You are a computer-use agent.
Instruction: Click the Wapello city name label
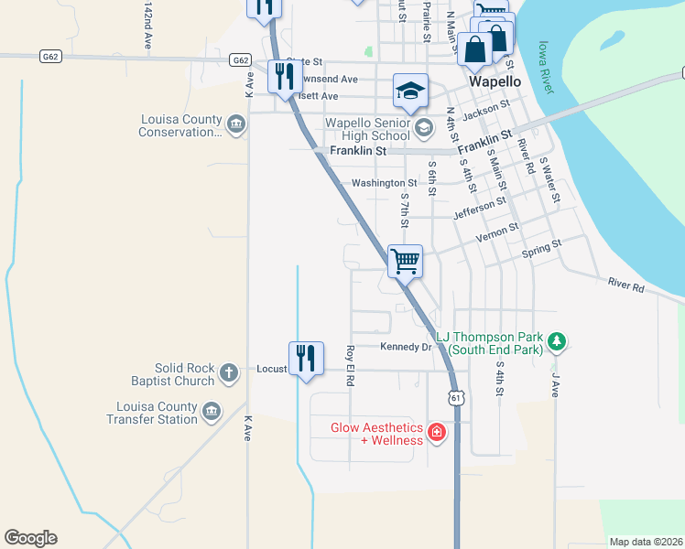[x=495, y=81]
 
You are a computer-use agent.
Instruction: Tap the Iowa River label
[x=546, y=66]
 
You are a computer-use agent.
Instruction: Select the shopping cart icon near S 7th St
[x=405, y=261]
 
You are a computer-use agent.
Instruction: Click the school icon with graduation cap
[x=411, y=90]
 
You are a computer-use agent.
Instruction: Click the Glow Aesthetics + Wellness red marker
[x=437, y=432]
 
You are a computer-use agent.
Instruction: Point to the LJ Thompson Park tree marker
[x=556, y=342]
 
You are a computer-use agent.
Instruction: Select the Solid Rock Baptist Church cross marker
[x=229, y=372]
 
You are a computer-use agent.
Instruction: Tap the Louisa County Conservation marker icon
[x=236, y=124]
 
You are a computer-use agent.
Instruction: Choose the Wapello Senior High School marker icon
[x=422, y=127]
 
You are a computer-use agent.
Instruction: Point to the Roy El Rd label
[x=349, y=364]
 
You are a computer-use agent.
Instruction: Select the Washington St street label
[x=385, y=183]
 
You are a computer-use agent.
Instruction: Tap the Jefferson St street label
[x=480, y=208]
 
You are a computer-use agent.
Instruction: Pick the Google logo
[x=30, y=538]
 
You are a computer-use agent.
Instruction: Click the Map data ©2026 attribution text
[x=646, y=542]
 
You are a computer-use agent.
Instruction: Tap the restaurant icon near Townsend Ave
[x=280, y=77]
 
